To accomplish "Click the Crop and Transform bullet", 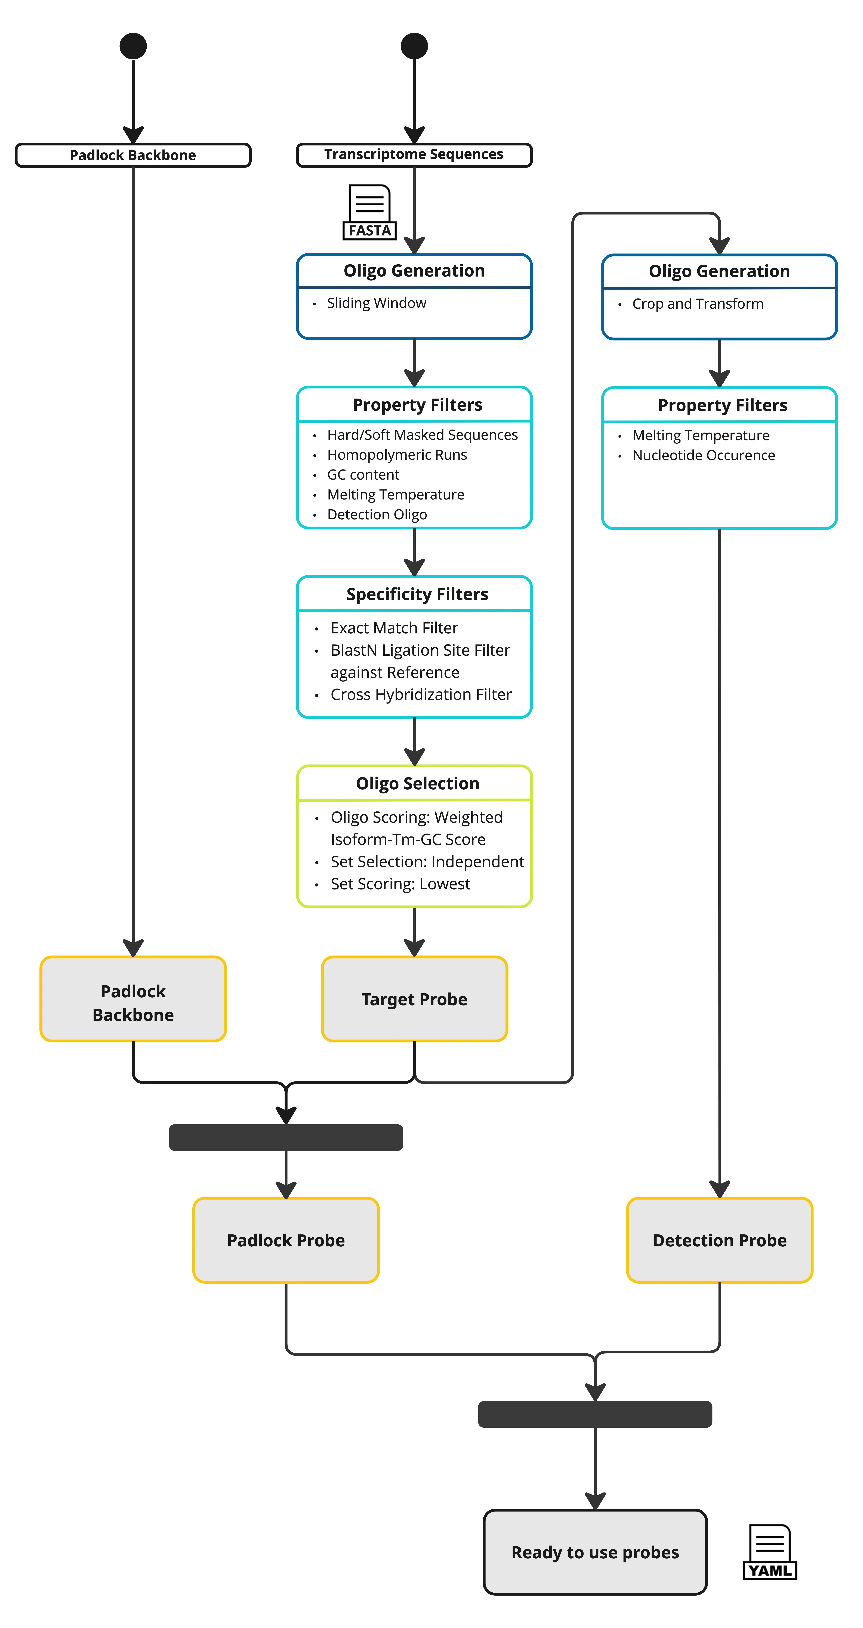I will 698,304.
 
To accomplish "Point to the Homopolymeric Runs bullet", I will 397,455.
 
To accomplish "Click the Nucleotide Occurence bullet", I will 703,456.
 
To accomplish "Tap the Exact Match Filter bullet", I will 394,628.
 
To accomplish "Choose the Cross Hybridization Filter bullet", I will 421,695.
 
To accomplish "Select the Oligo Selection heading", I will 417,784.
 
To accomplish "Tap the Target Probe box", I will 414,999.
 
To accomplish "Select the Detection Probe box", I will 720,1241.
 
